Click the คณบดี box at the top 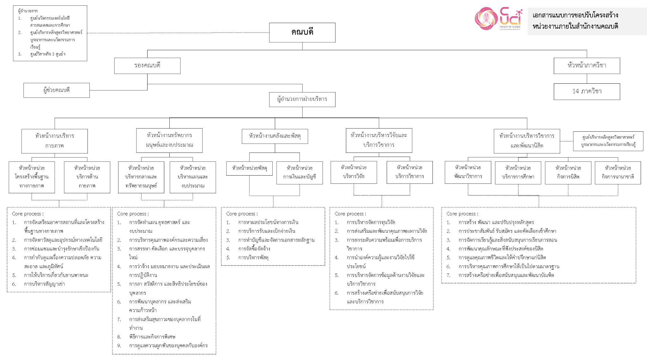click(x=302, y=33)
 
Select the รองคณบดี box click(x=147, y=66)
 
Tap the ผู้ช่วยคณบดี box click(x=57, y=90)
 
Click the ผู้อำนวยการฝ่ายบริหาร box click(x=302, y=99)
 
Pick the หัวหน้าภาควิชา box click(x=587, y=66)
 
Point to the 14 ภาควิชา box click(x=587, y=92)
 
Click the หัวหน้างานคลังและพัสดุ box click(x=275, y=136)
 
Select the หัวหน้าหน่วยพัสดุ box click(x=250, y=168)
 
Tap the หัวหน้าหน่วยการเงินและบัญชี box click(x=299, y=173)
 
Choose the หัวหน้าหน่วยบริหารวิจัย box click(x=354, y=172)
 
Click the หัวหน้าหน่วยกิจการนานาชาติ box click(x=618, y=173)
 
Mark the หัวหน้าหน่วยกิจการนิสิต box click(x=568, y=173)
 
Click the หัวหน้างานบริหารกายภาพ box click(x=55, y=141)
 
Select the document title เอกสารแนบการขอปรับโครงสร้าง click(x=575, y=15)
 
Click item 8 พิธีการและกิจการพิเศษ click(x=146, y=337)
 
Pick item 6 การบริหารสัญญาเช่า click(x=38, y=284)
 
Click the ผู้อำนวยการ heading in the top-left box click(x=28, y=11)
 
